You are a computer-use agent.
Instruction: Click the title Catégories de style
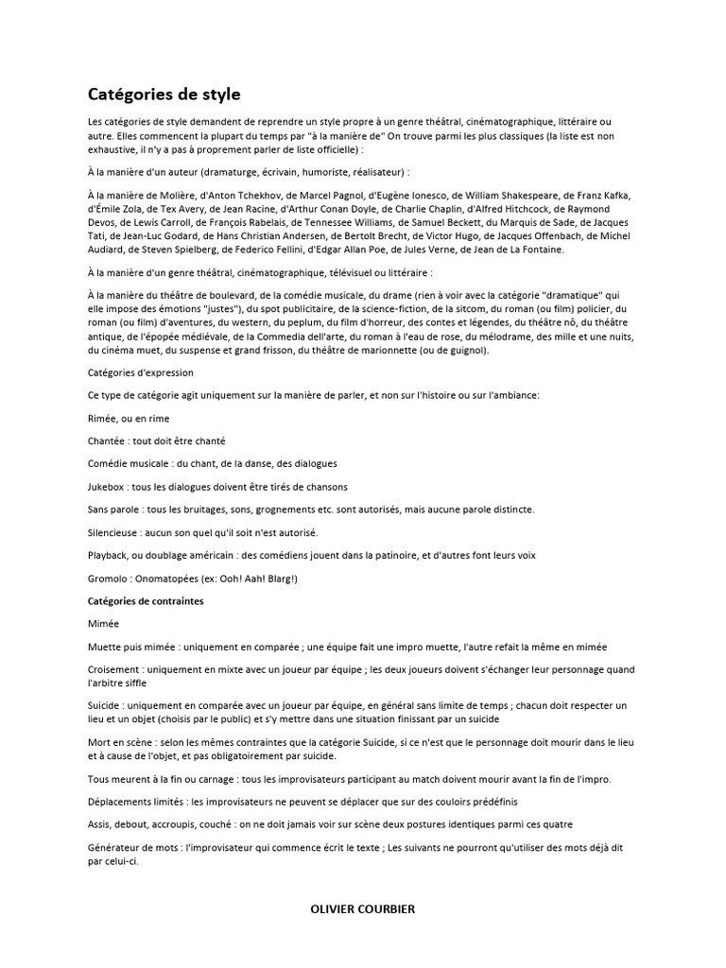click(164, 95)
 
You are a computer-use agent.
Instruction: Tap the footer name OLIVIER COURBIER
click(362, 909)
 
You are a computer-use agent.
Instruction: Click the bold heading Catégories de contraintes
click(146, 601)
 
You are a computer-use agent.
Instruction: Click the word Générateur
click(118, 848)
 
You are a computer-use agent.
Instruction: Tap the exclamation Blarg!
click(280, 578)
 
